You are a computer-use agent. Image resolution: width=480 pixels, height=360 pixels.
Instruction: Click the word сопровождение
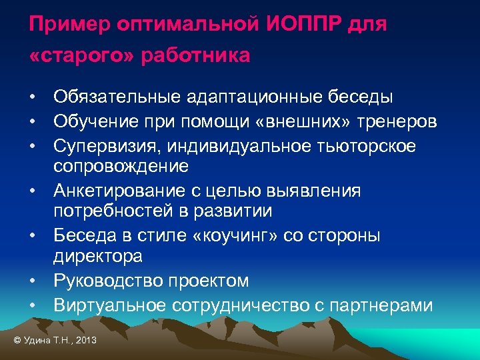pos(121,165)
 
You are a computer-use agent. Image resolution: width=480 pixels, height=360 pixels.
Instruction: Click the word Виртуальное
pos(111,305)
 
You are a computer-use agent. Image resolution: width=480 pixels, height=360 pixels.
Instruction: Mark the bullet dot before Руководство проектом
pos(32,281)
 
